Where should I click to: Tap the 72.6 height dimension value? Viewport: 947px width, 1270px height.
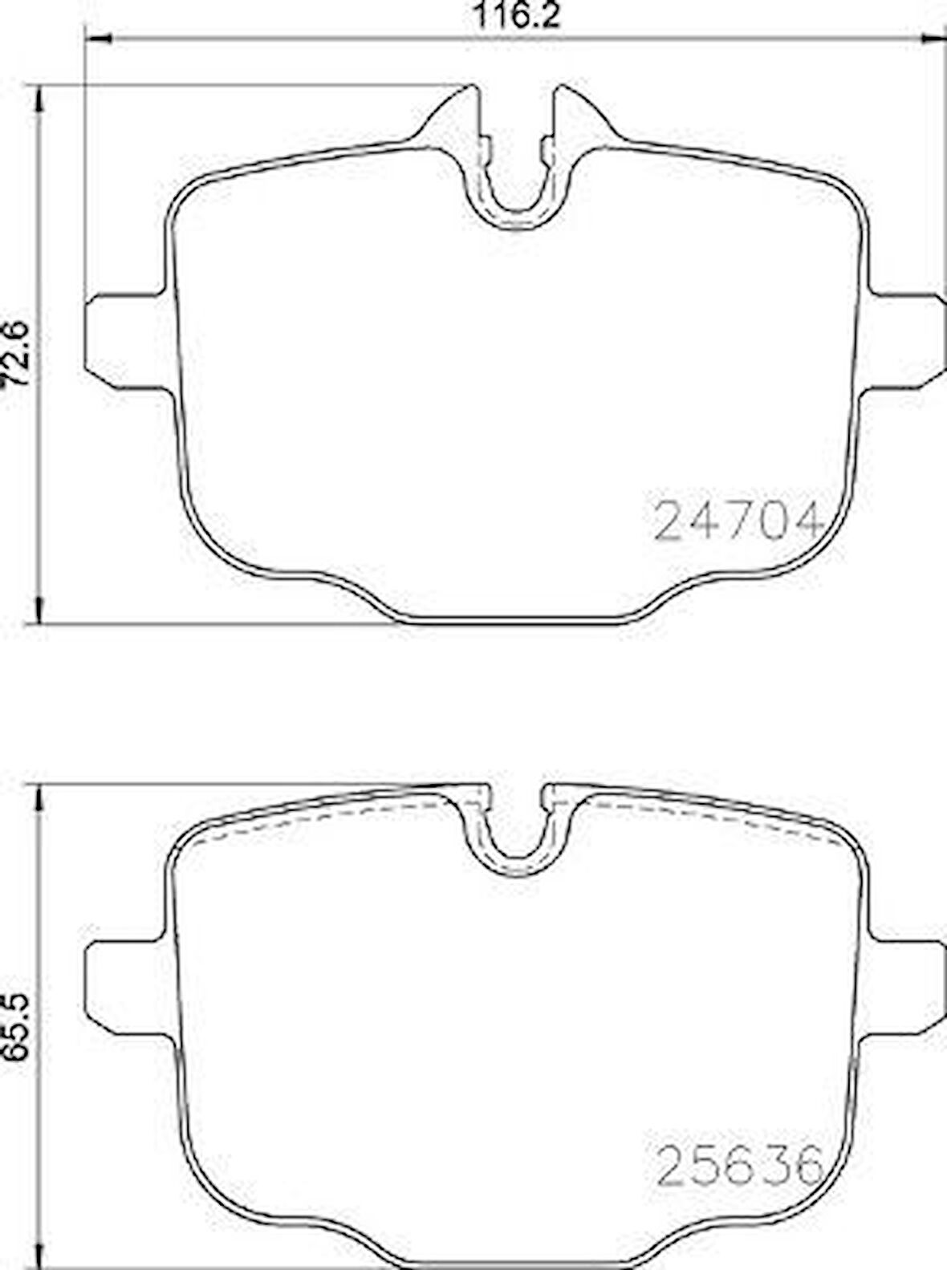(15, 354)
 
